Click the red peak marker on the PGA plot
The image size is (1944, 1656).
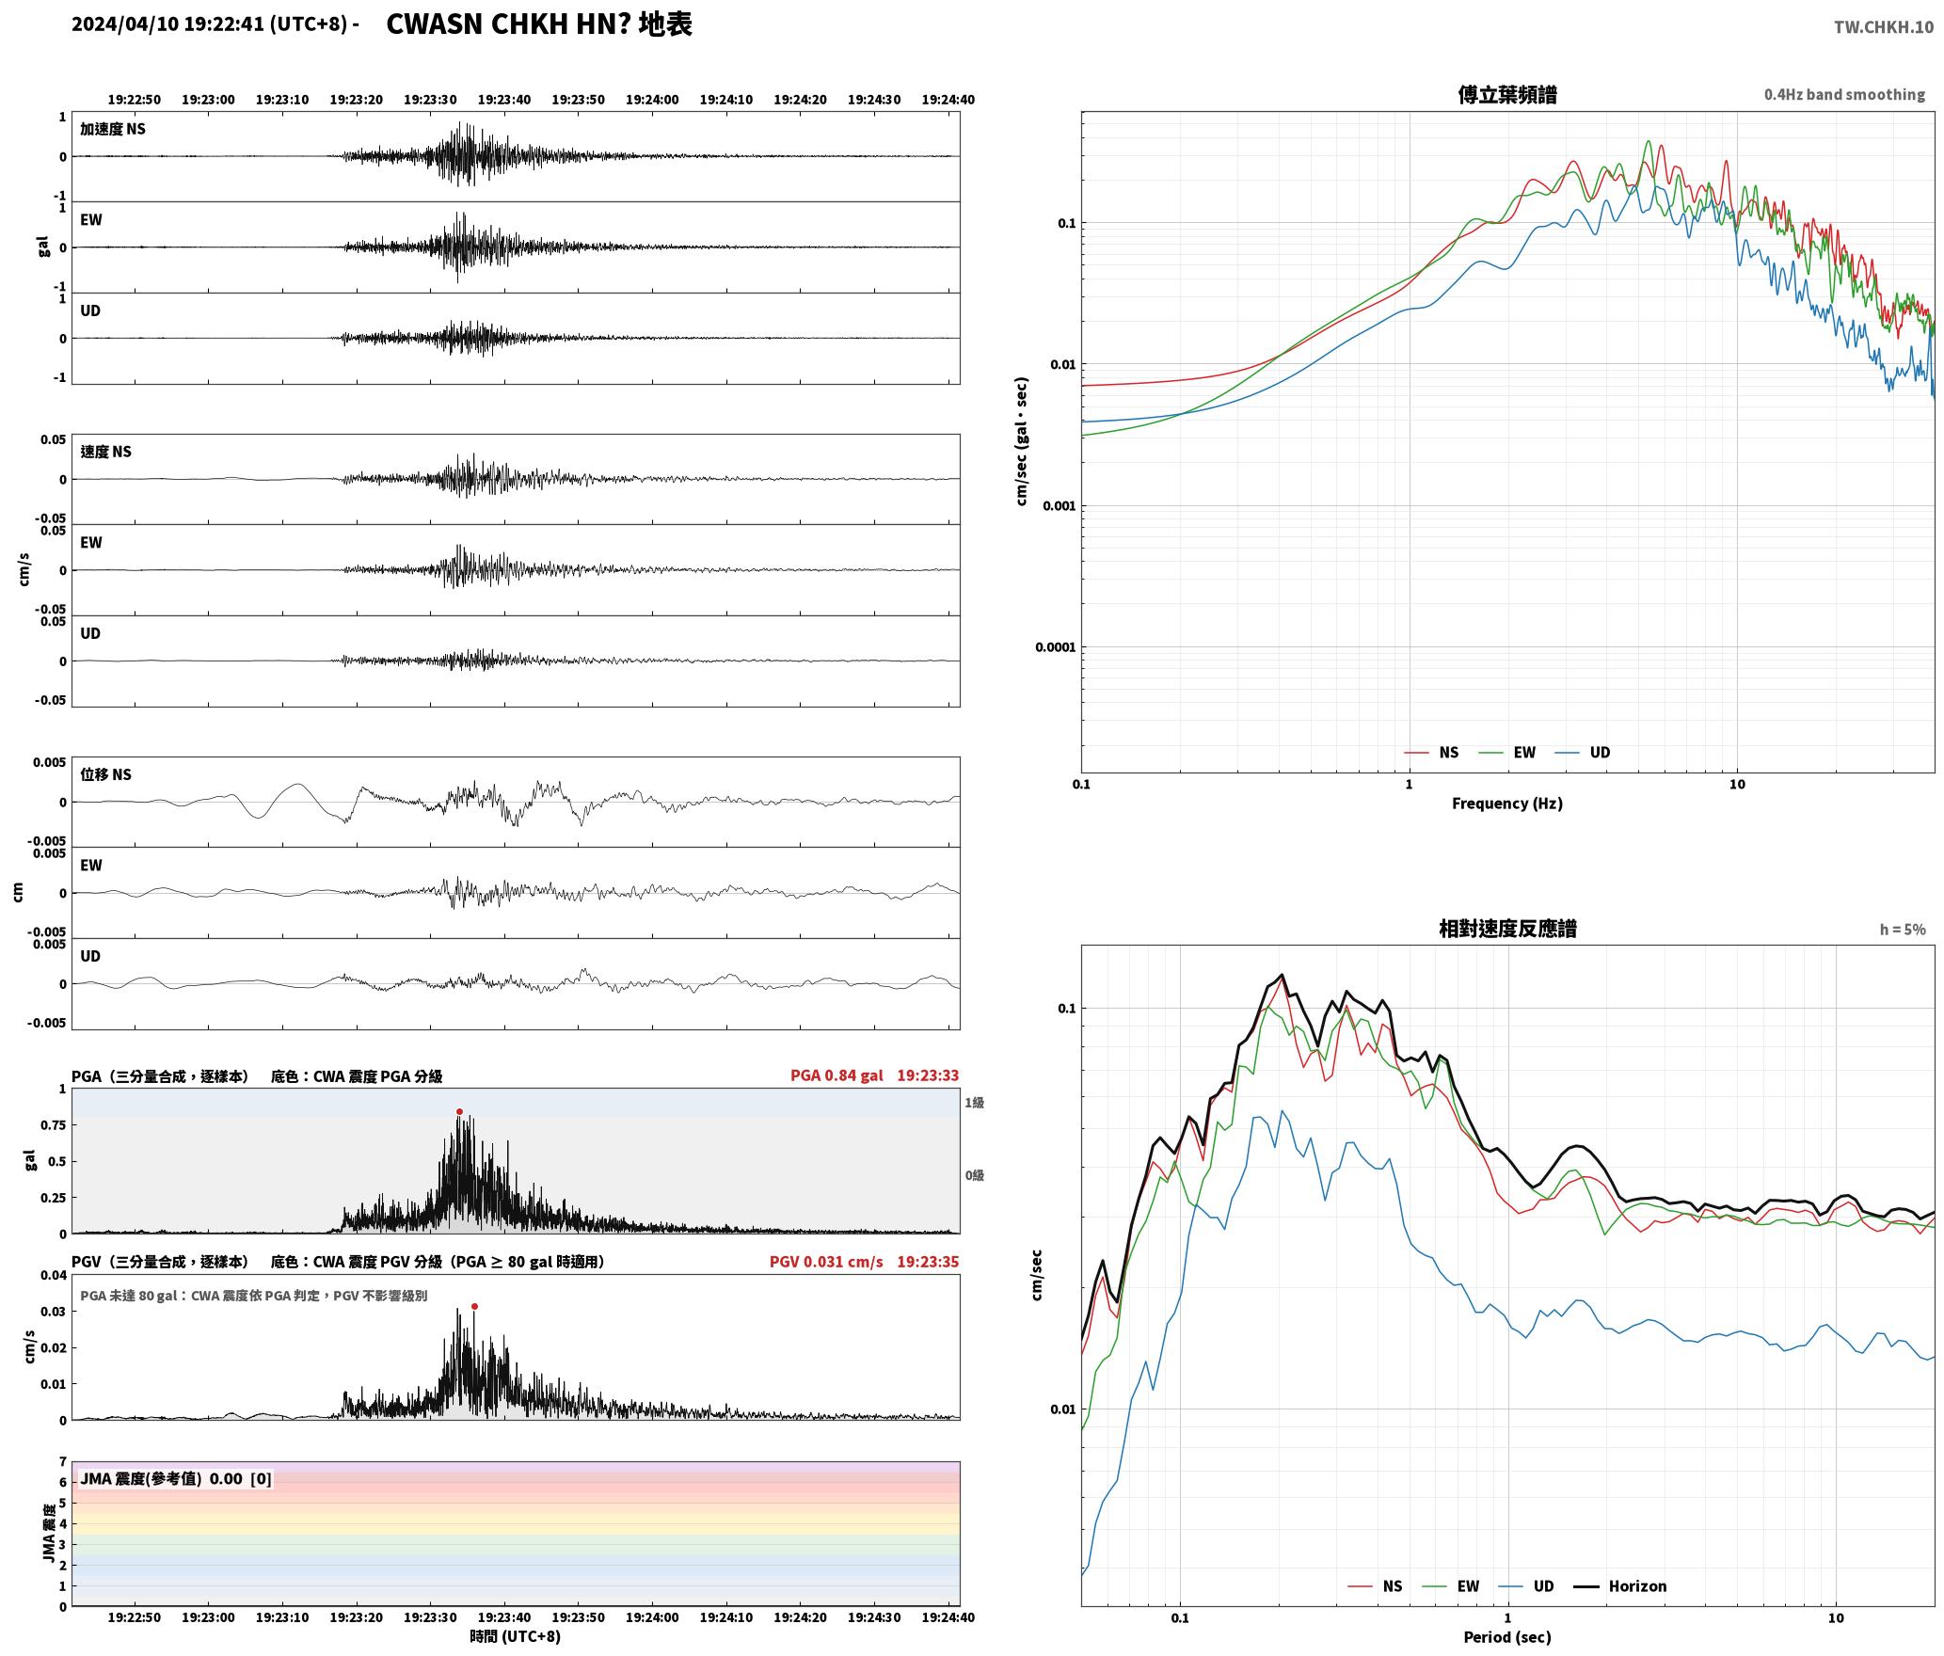click(x=459, y=1112)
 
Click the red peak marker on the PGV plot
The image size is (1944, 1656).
click(x=474, y=1306)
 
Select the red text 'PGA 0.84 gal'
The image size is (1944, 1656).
click(x=837, y=1075)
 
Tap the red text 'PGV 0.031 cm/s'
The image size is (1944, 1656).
click(x=826, y=1262)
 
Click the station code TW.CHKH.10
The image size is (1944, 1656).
click(x=1884, y=27)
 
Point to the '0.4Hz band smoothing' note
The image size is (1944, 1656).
click(x=1844, y=94)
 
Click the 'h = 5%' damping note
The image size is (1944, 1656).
click(x=1903, y=930)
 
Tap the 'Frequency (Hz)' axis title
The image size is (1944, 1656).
click(x=1506, y=804)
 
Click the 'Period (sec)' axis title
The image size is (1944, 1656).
click(x=1506, y=1637)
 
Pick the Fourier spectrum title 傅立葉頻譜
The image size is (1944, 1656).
click(x=1506, y=94)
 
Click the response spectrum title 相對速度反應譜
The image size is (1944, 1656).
click(x=1507, y=929)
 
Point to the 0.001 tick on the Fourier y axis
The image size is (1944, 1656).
click(x=1059, y=506)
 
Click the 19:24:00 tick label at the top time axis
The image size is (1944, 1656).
click(x=652, y=100)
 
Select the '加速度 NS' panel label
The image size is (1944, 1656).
click(x=113, y=129)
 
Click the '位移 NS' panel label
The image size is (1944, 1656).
click(x=105, y=774)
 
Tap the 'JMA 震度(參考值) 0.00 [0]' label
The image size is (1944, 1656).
click(x=176, y=1479)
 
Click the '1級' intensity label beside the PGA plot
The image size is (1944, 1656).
click(x=974, y=1103)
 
